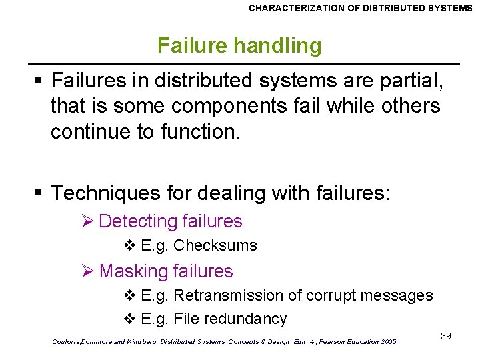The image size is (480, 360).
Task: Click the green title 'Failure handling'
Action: pos(239,45)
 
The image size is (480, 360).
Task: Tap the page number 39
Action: pos(446,336)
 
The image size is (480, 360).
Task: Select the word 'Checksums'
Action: pos(215,245)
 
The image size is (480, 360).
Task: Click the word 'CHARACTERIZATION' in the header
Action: pos(293,8)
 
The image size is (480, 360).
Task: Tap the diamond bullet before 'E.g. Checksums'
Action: pos(130,245)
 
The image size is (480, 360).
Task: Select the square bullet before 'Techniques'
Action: pos(39,194)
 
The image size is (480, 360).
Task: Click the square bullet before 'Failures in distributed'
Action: pos(39,81)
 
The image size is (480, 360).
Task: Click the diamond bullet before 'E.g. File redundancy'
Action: pos(130,319)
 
